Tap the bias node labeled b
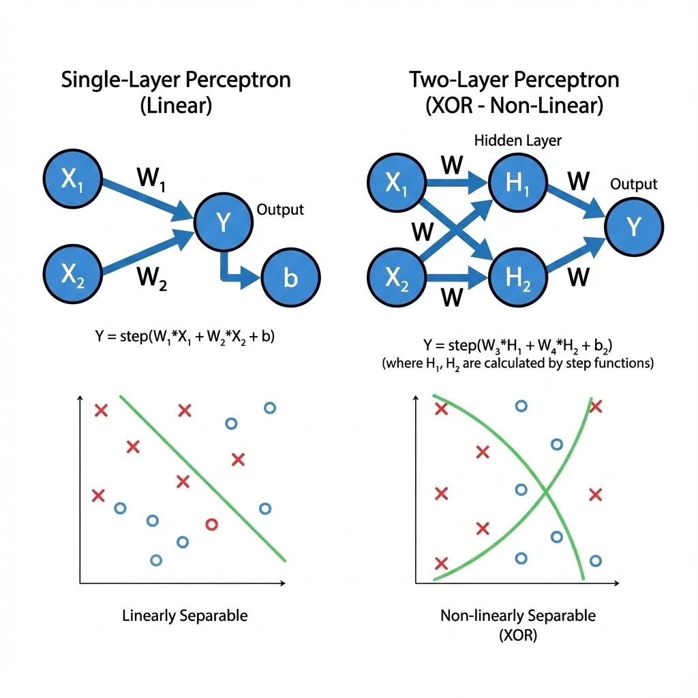tap(291, 278)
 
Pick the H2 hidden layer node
tap(517, 278)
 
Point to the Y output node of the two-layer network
tap(634, 226)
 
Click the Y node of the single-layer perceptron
tap(224, 221)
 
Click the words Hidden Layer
tap(518, 141)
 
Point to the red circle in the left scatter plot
tap(211, 524)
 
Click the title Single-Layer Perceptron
tap(176, 80)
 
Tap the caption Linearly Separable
tap(185, 616)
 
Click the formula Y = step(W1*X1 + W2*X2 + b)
tap(185, 336)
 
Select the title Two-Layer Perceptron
tap(514, 80)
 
